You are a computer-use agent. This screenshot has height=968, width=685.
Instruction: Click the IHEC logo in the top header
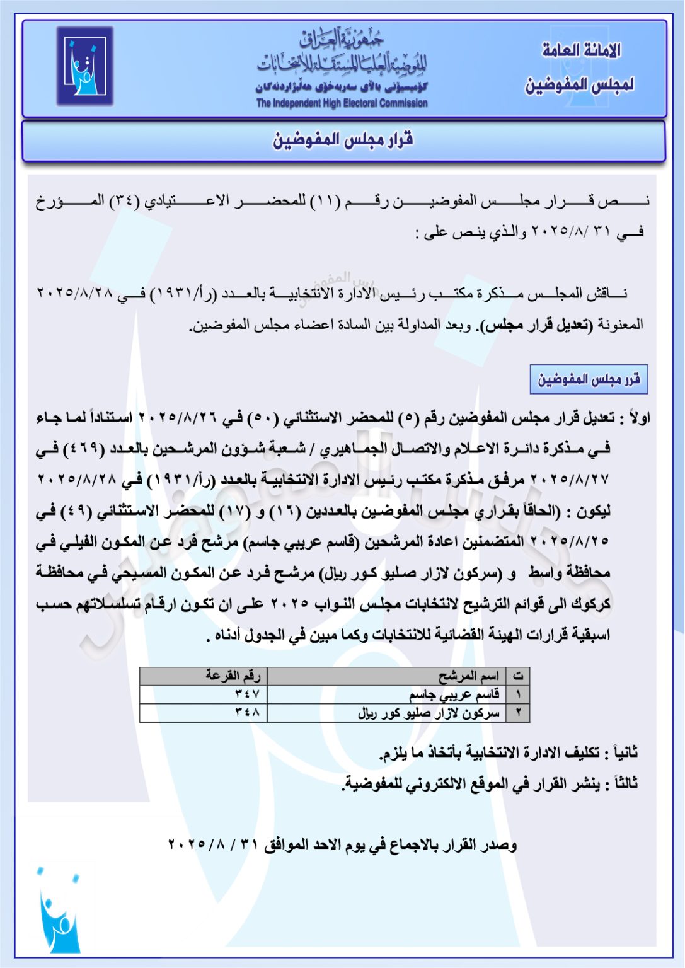[84, 66]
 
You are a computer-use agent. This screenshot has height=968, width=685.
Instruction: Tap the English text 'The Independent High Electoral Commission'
[342, 103]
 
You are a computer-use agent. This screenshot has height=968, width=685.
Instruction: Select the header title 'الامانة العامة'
[581, 50]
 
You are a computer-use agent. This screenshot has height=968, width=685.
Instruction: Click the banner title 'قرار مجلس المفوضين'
[343, 140]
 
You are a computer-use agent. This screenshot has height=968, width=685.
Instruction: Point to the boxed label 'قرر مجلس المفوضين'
[589, 379]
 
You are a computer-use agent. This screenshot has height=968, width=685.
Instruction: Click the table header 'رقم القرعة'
[233, 676]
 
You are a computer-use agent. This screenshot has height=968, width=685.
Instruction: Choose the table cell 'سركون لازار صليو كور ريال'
[429, 713]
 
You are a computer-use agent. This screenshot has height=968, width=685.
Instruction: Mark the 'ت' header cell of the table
[518, 676]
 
